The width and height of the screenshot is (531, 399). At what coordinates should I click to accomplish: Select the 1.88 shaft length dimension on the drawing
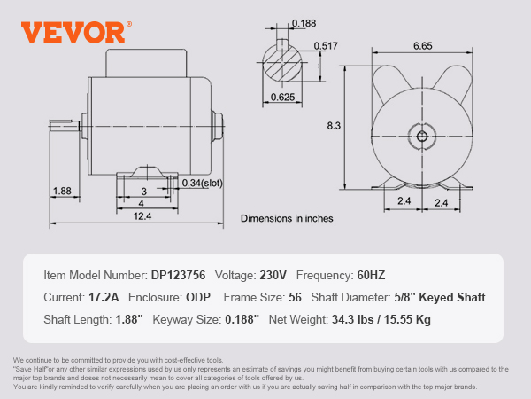point(62,191)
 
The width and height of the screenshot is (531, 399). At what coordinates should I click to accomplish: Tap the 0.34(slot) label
point(204,183)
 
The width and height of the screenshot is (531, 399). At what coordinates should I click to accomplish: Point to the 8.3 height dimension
point(334,126)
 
